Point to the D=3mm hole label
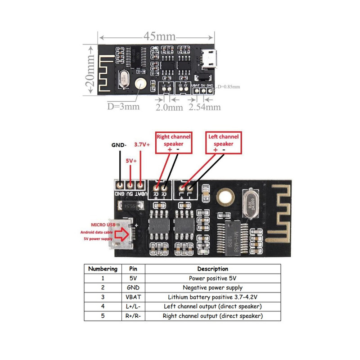pyautogui.click(x=122, y=107)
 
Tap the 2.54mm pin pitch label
pyautogui.click(x=205, y=107)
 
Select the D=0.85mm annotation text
pyautogui.click(x=228, y=87)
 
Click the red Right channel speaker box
pyautogui.click(x=173, y=140)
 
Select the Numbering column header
pyautogui.click(x=103, y=269)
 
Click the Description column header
pyautogui.click(x=212, y=269)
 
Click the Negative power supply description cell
pyautogui.click(x=212, y=288)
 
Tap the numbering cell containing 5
pyautogui.click(x=103, y=316)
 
